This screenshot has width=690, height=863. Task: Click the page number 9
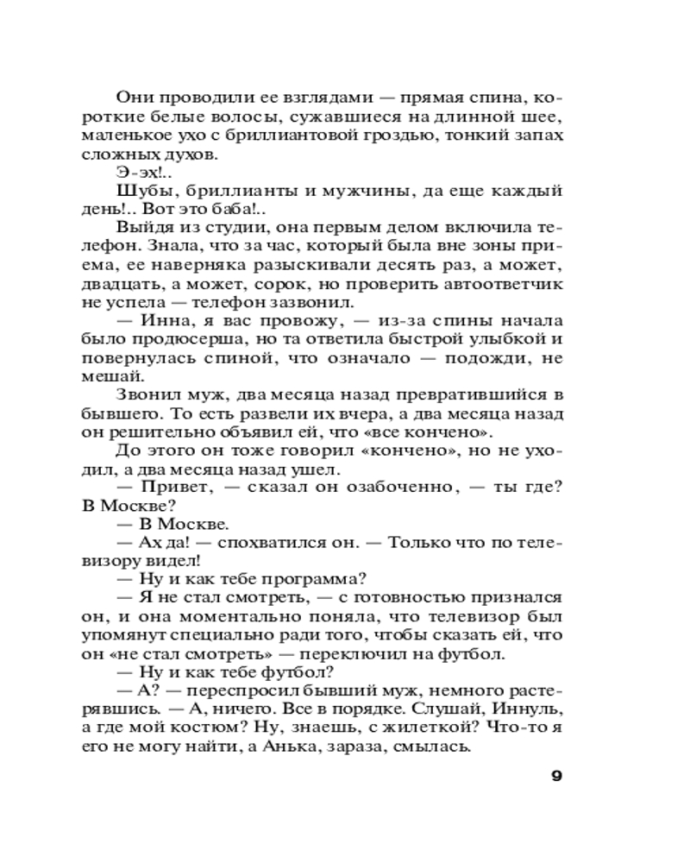556,775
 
